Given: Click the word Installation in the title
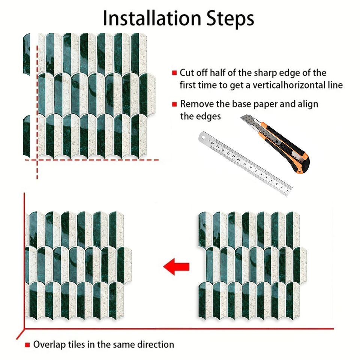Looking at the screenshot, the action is (x=152, y=18).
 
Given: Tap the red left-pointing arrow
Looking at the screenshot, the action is (x=176, y=267).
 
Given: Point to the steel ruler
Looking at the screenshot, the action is (x=245, y=163).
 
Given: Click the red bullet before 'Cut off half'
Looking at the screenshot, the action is (x=174, y=73).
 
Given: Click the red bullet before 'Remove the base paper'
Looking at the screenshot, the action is (x=174, y=104).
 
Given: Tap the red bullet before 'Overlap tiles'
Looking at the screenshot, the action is (x=27, y=345).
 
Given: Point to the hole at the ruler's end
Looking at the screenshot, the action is (x=203, y=138).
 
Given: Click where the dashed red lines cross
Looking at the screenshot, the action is (x=37, y=160).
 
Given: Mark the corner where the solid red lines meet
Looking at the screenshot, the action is (x=24, y=329).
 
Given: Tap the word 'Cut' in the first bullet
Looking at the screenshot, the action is (x=187, y=73).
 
